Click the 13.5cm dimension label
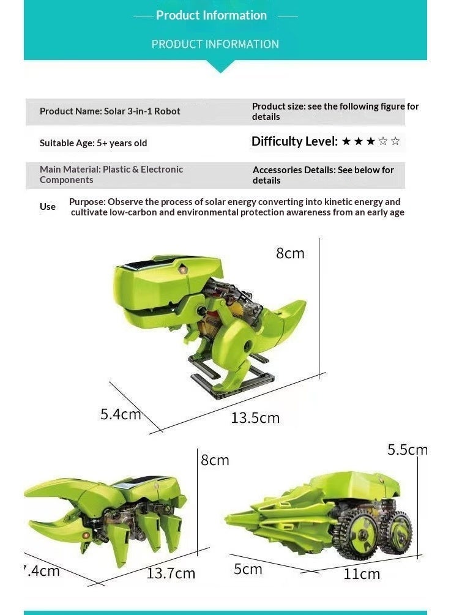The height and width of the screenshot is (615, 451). click(255, 418)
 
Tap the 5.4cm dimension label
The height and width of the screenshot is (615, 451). click(121, 414)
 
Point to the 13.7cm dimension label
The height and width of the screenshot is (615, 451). click(171, 573)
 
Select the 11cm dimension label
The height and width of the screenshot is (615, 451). click(362, 574)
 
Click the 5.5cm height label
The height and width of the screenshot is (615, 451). click(408, 450)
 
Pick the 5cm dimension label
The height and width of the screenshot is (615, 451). click(248, 569)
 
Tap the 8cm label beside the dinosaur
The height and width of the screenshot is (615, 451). click(290, 253)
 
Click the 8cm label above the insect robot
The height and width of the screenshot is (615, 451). click(215, 460)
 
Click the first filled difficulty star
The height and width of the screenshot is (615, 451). click(346, 141)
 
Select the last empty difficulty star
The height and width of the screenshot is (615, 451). click(395, 141)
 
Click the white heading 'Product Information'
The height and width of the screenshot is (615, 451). click(211, 15)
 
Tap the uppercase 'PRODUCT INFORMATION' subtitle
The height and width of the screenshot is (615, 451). click(215, 44)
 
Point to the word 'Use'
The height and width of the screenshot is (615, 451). click(48, 207)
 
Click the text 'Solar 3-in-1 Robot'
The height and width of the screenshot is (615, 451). click(142, 111)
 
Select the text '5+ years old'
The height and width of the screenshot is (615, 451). click(122, 143)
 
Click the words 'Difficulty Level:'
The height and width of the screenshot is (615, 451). click(294, 141)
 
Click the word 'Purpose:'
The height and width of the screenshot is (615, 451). click(88, 202)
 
